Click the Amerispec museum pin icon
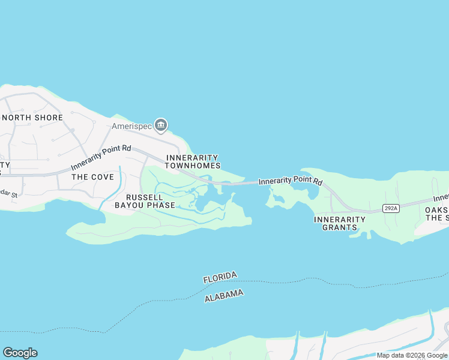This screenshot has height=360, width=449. (160, 125)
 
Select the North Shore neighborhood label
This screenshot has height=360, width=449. (32, 118)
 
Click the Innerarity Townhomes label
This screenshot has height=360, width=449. (193, 161)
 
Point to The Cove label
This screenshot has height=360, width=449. (92, 177)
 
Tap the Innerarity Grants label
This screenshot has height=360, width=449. (340, 223)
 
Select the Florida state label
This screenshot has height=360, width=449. (220, 277)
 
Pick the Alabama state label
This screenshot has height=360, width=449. (224, 295)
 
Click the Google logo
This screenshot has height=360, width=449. (20, 353)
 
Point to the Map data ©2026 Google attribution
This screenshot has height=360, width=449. (412, 355)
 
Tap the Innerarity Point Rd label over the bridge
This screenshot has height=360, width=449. (291, 181)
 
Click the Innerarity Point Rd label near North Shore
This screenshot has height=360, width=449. (101, 157)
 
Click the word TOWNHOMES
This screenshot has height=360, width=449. (193, 166)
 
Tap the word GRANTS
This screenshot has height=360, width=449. (340, 227)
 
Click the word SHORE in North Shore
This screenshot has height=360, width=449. (47, 118)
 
